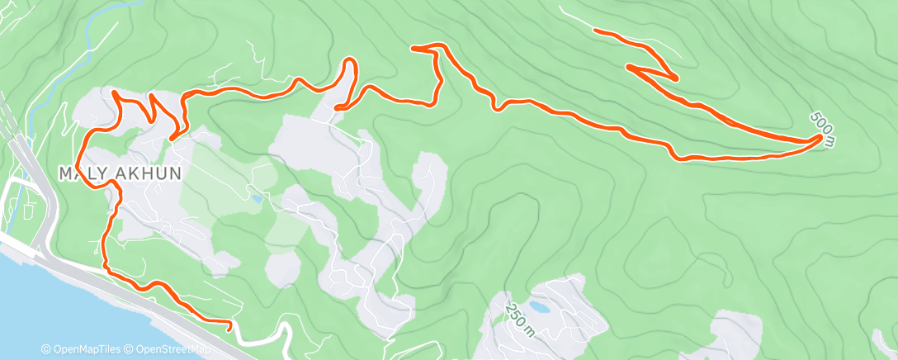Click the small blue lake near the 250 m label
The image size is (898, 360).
(540, 306)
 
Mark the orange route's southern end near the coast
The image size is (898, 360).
(229, 329)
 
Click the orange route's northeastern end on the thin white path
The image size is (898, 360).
(596, 31)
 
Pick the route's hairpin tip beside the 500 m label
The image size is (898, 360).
(820, 139)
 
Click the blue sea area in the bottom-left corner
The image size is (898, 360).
(33, 297)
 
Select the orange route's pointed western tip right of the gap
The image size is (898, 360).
(413, 49)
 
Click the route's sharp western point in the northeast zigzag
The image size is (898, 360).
(629, 66)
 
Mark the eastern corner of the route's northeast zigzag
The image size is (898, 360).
(677, 78)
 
